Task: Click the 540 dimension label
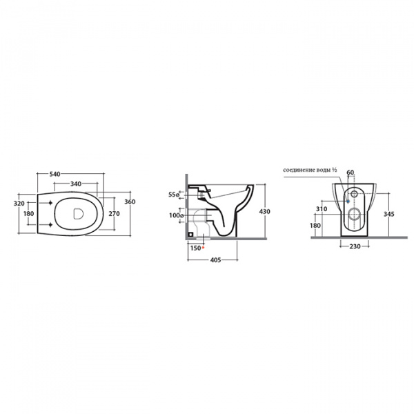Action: [x=55, y=175]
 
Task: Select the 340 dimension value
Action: [x=76, y=184]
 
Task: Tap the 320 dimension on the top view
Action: [x=19, y=204]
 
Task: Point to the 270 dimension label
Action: [x=115, y=214]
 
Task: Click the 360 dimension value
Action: [x=130, y=201]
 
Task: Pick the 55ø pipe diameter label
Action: [x=174, y=195]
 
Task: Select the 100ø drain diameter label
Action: [x=177, y=215]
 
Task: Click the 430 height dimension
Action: [x=265, y=212]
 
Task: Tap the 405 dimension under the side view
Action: [x=216, y=260]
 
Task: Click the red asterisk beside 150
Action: [x=203, y=248]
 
